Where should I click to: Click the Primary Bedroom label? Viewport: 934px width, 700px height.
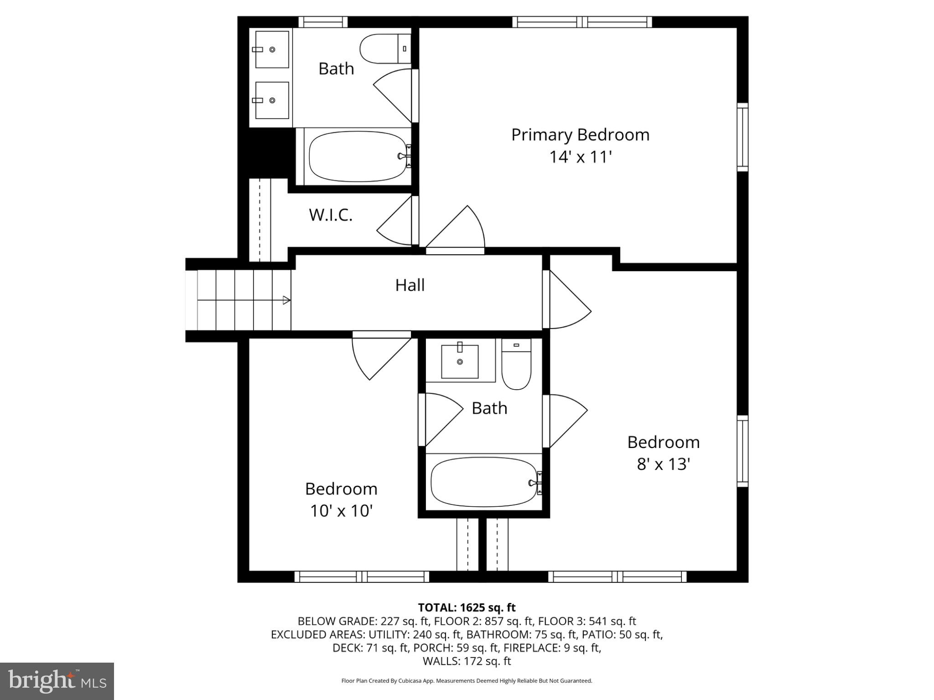pos(580,135)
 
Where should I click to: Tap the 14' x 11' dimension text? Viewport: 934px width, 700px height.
pos(580,157)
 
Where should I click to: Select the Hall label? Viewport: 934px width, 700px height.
pos(410,285)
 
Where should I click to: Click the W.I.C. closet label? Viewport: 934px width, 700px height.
pos(331,215)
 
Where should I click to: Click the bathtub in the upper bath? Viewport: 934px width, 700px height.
pos(357,156)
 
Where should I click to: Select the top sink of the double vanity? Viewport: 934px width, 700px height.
pos(272,49)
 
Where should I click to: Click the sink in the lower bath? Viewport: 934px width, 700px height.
pos(460,361)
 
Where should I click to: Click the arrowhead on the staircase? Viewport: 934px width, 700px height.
pos(286,300)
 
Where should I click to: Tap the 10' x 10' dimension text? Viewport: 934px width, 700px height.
pos(342,511)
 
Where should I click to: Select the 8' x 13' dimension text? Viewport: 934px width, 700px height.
pos(663,464)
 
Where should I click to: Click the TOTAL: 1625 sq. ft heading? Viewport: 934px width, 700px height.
pos(467,607)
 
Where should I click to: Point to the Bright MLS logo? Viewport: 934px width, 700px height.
pos(57,681)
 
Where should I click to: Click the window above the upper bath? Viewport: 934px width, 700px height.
pos(323,22)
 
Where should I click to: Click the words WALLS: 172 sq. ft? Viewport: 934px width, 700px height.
pos(467,661)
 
